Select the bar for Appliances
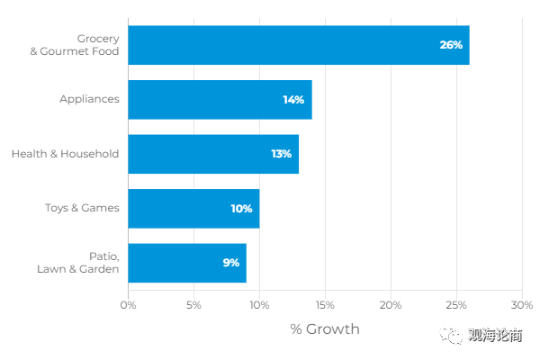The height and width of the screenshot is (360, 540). click(x=220, y=100)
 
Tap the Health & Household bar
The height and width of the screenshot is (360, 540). click(x=213, y=154)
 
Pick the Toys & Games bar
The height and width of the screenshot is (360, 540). click(x=193, y=208)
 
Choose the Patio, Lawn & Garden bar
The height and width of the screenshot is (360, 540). click(x=186, y=262)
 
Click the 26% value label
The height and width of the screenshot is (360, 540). click(x=451, y=46)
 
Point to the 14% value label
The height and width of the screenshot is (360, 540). click(x=293, y=100)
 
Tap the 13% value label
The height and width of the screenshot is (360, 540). click(x=281, y=154)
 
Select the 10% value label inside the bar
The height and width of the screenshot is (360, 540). click(x=241, y=208)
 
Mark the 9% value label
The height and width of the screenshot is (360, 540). click(x=230, y=262)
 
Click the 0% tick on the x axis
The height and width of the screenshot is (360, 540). click(x=129, y=305)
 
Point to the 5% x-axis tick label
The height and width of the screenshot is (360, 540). click(x=193, y=305)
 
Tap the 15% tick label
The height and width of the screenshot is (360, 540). click(x=325, y=305)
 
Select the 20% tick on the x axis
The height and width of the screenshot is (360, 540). click(x=391, y=305)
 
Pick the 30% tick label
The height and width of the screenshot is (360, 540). click(x=521, y=305)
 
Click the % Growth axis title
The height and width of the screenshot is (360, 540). click(x=324, y=329)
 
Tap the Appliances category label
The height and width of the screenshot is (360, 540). click(x=89, y=99)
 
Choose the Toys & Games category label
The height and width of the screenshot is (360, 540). click(x=82, y=208)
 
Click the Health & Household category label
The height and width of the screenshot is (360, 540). click(x=65, y=154)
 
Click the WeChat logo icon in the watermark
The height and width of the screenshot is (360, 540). click(x=450, y=335)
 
